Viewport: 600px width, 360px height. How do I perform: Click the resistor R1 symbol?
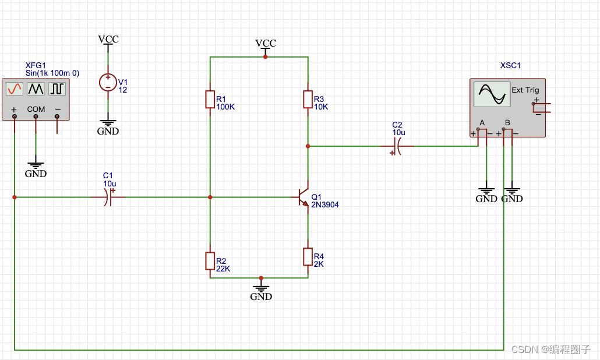pos(210,100)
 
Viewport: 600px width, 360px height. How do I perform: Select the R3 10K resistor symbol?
pos(308,100)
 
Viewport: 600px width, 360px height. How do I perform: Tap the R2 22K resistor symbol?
pos(210,261)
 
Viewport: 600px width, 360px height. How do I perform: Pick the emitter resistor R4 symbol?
pos(308,256)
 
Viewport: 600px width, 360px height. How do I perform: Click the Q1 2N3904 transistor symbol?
pos(303,197)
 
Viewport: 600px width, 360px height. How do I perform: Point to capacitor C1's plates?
pos(108,197)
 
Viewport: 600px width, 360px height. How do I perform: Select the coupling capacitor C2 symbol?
pos(396,146)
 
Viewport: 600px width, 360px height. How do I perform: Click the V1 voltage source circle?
pos(108,82)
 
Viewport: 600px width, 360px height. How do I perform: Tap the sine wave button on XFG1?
pos(14,89)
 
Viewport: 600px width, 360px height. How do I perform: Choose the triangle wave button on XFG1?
pos(36,89)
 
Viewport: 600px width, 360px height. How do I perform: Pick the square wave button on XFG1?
pos(57,89)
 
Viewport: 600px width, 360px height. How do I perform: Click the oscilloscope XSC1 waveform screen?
pos(492,94)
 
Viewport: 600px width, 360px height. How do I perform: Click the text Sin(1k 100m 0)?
pos(52,73)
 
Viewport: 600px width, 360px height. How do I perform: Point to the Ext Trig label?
pos(525,90)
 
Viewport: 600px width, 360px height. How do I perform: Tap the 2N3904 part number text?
pos(325,205)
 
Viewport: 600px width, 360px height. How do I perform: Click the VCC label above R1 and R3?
pos(266,43)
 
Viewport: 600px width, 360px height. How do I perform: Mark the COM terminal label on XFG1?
pos(36,109)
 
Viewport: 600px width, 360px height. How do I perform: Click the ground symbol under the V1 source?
pos(108,123)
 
